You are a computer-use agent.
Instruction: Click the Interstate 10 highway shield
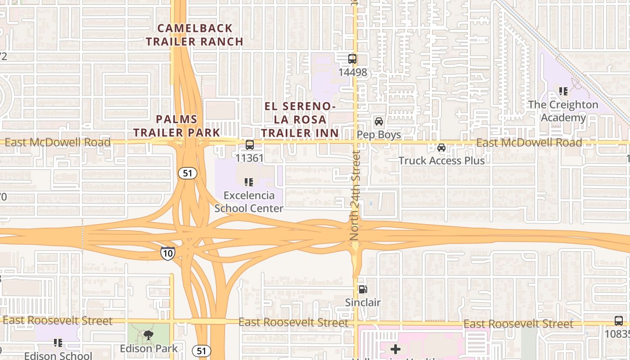tap(167, 253)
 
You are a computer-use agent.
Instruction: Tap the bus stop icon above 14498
tap(352, 59)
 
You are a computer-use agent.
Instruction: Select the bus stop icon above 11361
tap(249, 145)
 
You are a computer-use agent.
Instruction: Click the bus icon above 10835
tap(619, 321)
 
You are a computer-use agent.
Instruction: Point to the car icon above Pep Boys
tap(379, 121)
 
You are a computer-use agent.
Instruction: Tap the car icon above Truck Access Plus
tap(441, 148)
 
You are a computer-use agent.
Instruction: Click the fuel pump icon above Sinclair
tap(363, 289)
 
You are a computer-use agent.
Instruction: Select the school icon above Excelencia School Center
tap(248, 182)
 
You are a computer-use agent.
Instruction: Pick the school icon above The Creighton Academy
tap(563, 91)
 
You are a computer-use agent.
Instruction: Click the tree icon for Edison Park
tap(148, 335)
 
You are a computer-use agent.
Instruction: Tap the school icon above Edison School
tap(58, 343)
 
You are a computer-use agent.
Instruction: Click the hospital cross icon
tap(396, 349)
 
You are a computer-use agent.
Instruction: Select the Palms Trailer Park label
tap(176, 126)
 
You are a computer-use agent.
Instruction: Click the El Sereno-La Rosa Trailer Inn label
tap(300, 120)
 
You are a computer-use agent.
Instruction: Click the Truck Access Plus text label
tap(441, 161)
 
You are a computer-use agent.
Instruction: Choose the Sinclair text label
tap(363, 302)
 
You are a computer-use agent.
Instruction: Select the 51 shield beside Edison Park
tap(201, 351)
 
